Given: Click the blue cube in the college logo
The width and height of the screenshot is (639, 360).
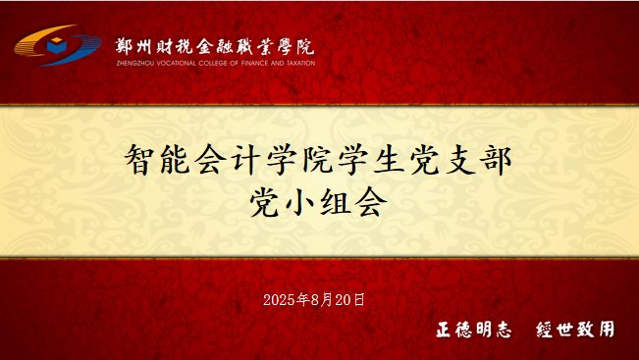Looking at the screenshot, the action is tap(56, 45).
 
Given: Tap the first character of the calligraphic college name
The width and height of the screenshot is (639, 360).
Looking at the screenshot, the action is tap(124, 46).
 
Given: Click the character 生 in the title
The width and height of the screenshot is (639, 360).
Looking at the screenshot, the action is tap(389, 160).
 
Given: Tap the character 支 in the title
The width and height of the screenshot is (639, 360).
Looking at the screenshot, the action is tap(461, 160).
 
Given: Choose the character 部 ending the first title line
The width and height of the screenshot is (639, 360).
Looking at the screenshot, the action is tap(497, 160).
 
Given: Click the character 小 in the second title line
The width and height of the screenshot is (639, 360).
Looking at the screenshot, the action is tap(299, 202).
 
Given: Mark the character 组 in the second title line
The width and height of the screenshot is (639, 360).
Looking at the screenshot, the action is tap(336, 202).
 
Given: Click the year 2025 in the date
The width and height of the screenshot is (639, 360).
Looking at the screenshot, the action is tap(279, 300).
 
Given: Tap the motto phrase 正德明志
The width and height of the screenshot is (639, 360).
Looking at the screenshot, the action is tap(473, 329).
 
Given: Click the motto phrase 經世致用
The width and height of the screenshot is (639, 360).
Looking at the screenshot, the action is tap(575, 329).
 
